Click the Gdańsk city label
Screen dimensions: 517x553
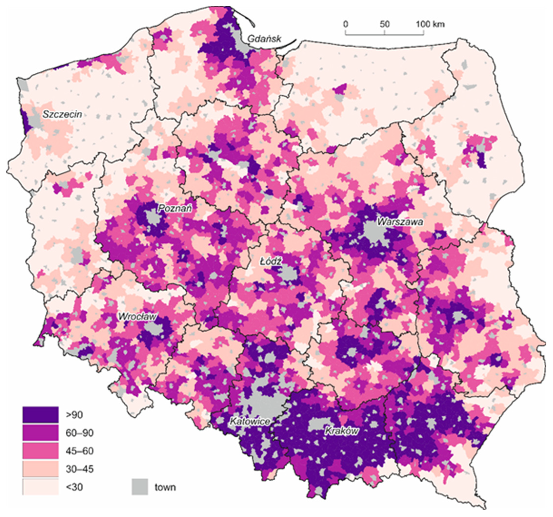pos(264,39)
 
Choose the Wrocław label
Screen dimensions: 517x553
pos(137,317)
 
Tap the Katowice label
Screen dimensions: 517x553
pos(250,422)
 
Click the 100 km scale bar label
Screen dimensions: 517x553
pos(430,24)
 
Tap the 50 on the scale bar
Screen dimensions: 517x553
pos(384,24)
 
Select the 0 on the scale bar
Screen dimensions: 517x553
pos(345,24)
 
